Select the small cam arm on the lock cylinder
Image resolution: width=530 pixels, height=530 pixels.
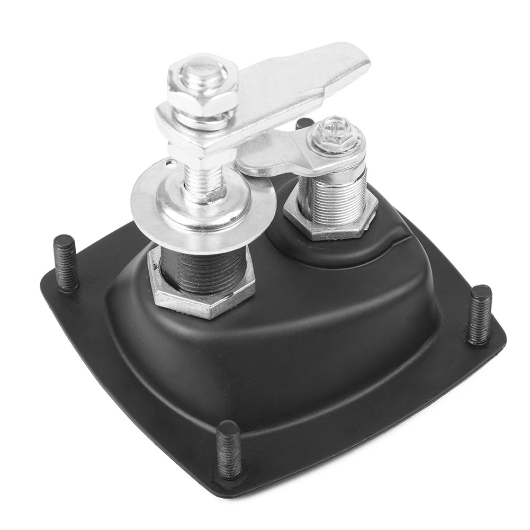click(x=275, y=154)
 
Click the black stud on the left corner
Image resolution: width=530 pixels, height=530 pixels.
click(x=66, y=262)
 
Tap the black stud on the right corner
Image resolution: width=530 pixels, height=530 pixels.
click(x=479, y=315)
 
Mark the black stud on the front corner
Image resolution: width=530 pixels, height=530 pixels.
click(x=229, y=450)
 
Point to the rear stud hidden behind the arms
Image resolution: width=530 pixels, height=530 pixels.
click(x=304, y=123)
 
